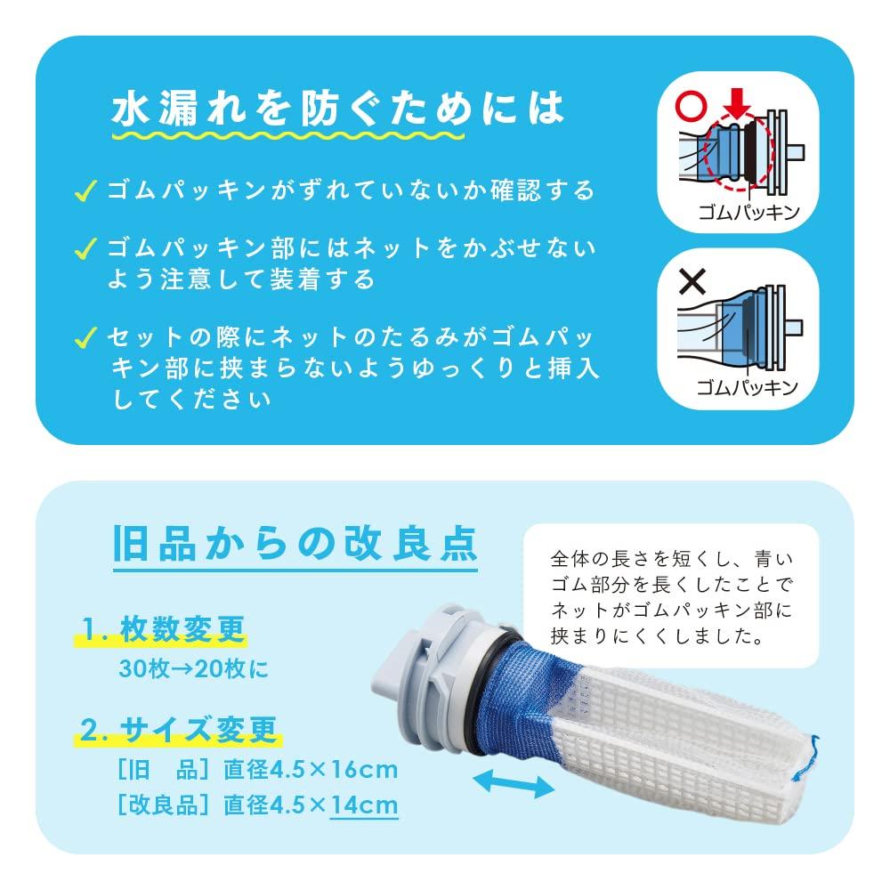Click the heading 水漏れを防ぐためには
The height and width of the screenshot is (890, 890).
pos(337,108)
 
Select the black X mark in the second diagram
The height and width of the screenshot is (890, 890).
pos(692,282)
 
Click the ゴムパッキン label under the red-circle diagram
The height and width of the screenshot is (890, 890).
pos(748,214)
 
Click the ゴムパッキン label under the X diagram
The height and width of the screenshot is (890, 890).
pos(748,387)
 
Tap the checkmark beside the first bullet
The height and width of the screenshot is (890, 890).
pos(86,190)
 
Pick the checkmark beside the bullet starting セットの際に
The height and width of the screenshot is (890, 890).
pos(86,337)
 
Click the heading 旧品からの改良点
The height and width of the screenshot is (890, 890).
pos(295,543)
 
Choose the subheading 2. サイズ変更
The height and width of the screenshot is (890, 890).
pos(178,732)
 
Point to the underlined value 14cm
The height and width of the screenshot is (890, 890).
pos(364,805)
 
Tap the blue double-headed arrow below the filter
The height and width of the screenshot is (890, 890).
pos(511,782)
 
